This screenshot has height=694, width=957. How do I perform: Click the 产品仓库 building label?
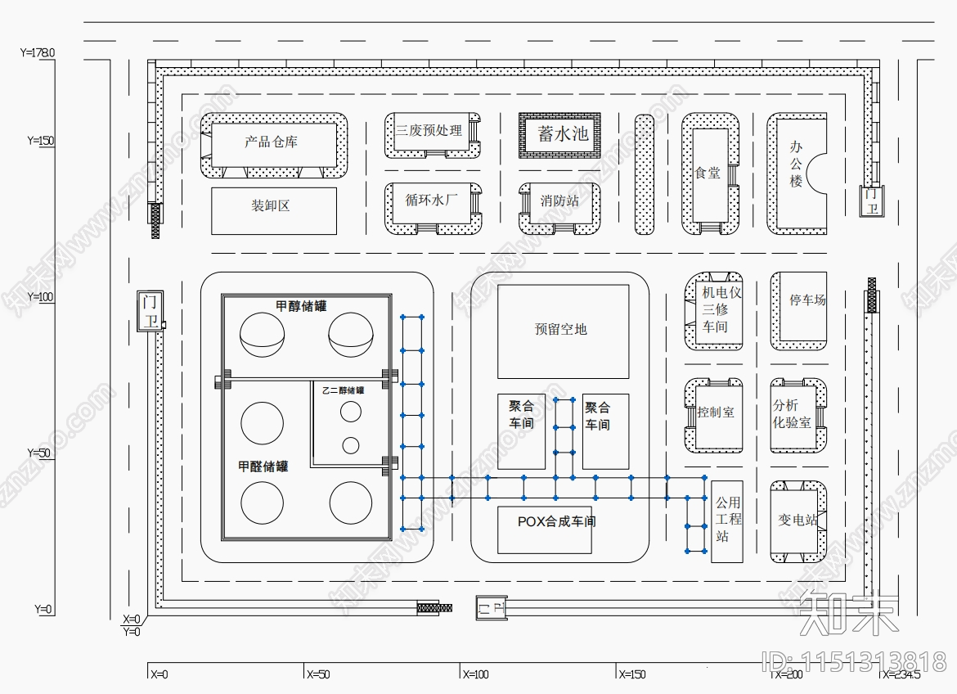(x=272, y=142)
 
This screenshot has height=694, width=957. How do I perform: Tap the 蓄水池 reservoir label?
(x=562, y=133)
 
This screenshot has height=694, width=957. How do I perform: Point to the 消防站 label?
(x=559, y=201)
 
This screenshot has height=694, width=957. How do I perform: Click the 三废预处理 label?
(x=429, y=130)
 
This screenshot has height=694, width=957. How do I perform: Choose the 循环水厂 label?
(x=431, y=199)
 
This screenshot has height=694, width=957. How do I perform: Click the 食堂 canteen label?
(x=708, y=173)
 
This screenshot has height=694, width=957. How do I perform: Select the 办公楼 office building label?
(x=796, y=163)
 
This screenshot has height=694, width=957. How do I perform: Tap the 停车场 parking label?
(x=806, y=300)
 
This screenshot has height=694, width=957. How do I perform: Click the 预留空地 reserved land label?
(x=560, y=329)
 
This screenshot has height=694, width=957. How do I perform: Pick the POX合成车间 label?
(x=556, y=521)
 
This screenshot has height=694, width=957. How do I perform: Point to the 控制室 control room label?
(x=716, y=412)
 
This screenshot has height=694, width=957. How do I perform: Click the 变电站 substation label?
(x=797, y=520)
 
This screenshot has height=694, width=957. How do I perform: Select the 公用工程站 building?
(x=727, y=520)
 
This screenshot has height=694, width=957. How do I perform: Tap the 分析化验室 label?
(x=792, y=413)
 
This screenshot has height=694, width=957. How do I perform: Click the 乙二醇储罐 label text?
(x=343, y=390)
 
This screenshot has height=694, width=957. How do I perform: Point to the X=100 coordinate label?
(x=476, y=674)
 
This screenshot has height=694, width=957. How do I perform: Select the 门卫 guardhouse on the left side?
(x=149, y=311)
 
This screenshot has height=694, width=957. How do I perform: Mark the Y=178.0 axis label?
(x=37, y=52)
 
